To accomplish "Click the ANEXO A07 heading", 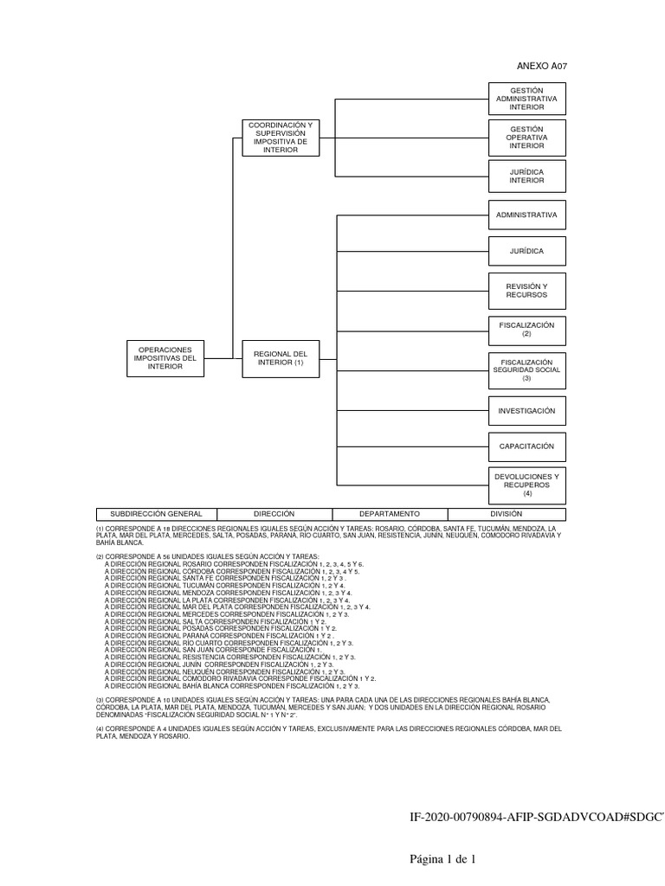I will pos(542,66).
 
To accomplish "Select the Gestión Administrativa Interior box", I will pos(526,99).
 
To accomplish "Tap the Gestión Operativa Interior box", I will pos(526,138).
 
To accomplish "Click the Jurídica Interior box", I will pos(526,176).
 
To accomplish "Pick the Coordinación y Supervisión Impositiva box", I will pos(280,138).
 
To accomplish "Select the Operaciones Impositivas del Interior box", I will pos(165,358).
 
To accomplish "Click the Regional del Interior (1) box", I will pos(280,358).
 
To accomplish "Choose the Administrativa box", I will pos(526,214).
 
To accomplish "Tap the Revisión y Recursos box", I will pos(526,291).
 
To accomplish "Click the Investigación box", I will pos(526,410).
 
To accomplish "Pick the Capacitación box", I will pos(526,447).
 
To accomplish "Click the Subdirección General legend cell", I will pos(150,514).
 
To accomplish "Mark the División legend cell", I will pos(506,514).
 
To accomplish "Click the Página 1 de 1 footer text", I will pos(443,859).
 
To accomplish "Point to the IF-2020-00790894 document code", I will pos(537,818).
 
